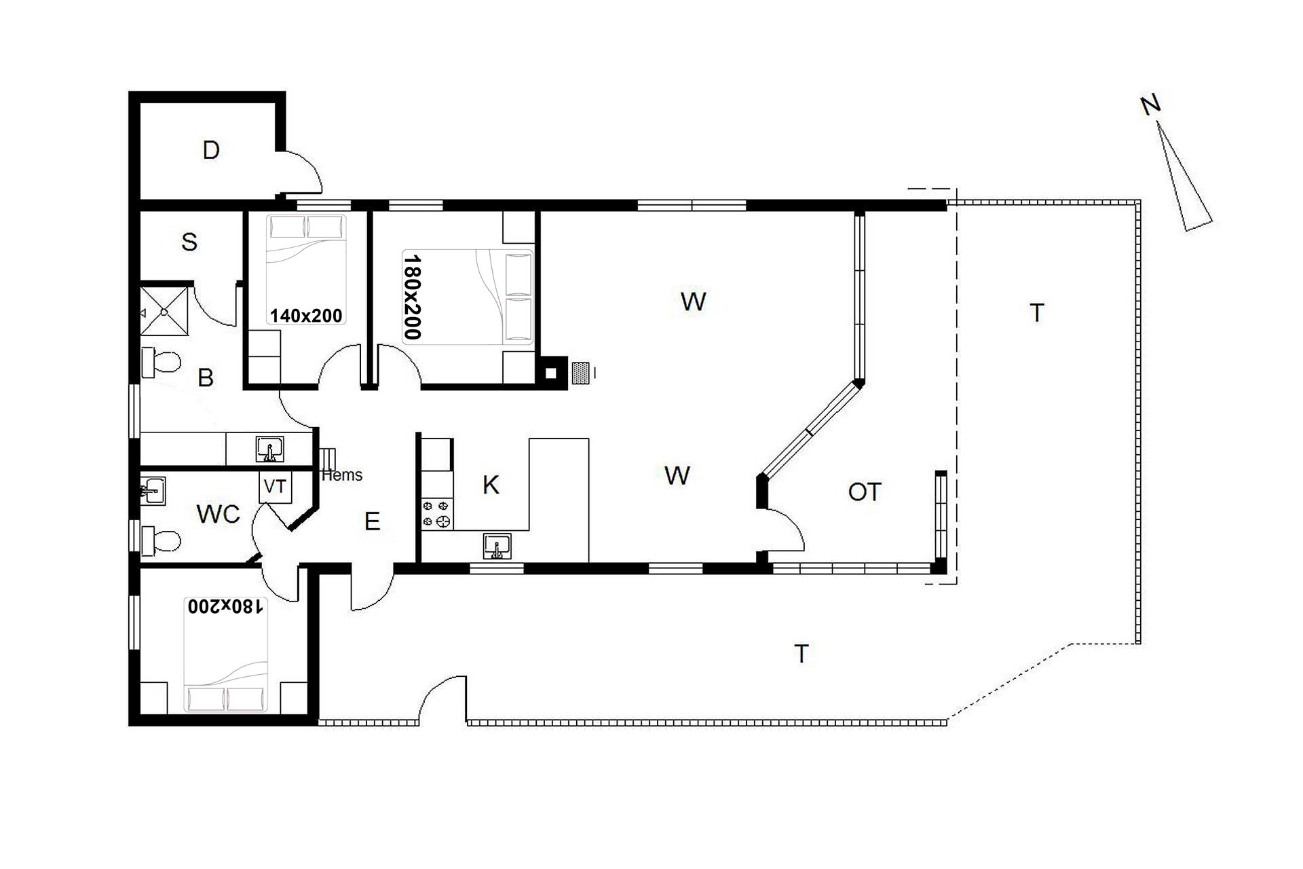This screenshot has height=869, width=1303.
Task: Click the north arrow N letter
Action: (1150, 105)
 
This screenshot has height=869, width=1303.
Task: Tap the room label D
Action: (211, 150)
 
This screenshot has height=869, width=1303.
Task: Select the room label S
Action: (189, 242)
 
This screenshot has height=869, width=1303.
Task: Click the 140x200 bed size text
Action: (306, 315)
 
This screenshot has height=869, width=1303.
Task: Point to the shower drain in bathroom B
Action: (164, 312)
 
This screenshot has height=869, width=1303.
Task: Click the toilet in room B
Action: (160, 362)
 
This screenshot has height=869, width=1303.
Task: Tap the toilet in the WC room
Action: (161, 541)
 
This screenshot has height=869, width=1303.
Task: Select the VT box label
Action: (275, 486)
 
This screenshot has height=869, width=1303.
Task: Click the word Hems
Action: (342, 475)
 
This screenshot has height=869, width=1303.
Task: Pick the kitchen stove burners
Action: (437, 514)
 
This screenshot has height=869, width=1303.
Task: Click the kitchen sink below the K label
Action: (497, 545)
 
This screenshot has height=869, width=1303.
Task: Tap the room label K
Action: (491, 485)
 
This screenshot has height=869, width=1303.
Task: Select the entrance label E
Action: (372, 521)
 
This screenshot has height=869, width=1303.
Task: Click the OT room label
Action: (865, 492)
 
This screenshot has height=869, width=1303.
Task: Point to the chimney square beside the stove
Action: (552, 373)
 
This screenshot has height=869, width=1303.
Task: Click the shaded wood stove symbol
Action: (581, 373)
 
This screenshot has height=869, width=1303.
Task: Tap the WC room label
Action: (219, 515)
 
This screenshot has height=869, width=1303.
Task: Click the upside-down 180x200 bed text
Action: (225, 606)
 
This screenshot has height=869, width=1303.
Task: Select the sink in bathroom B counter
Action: (270, 449)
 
